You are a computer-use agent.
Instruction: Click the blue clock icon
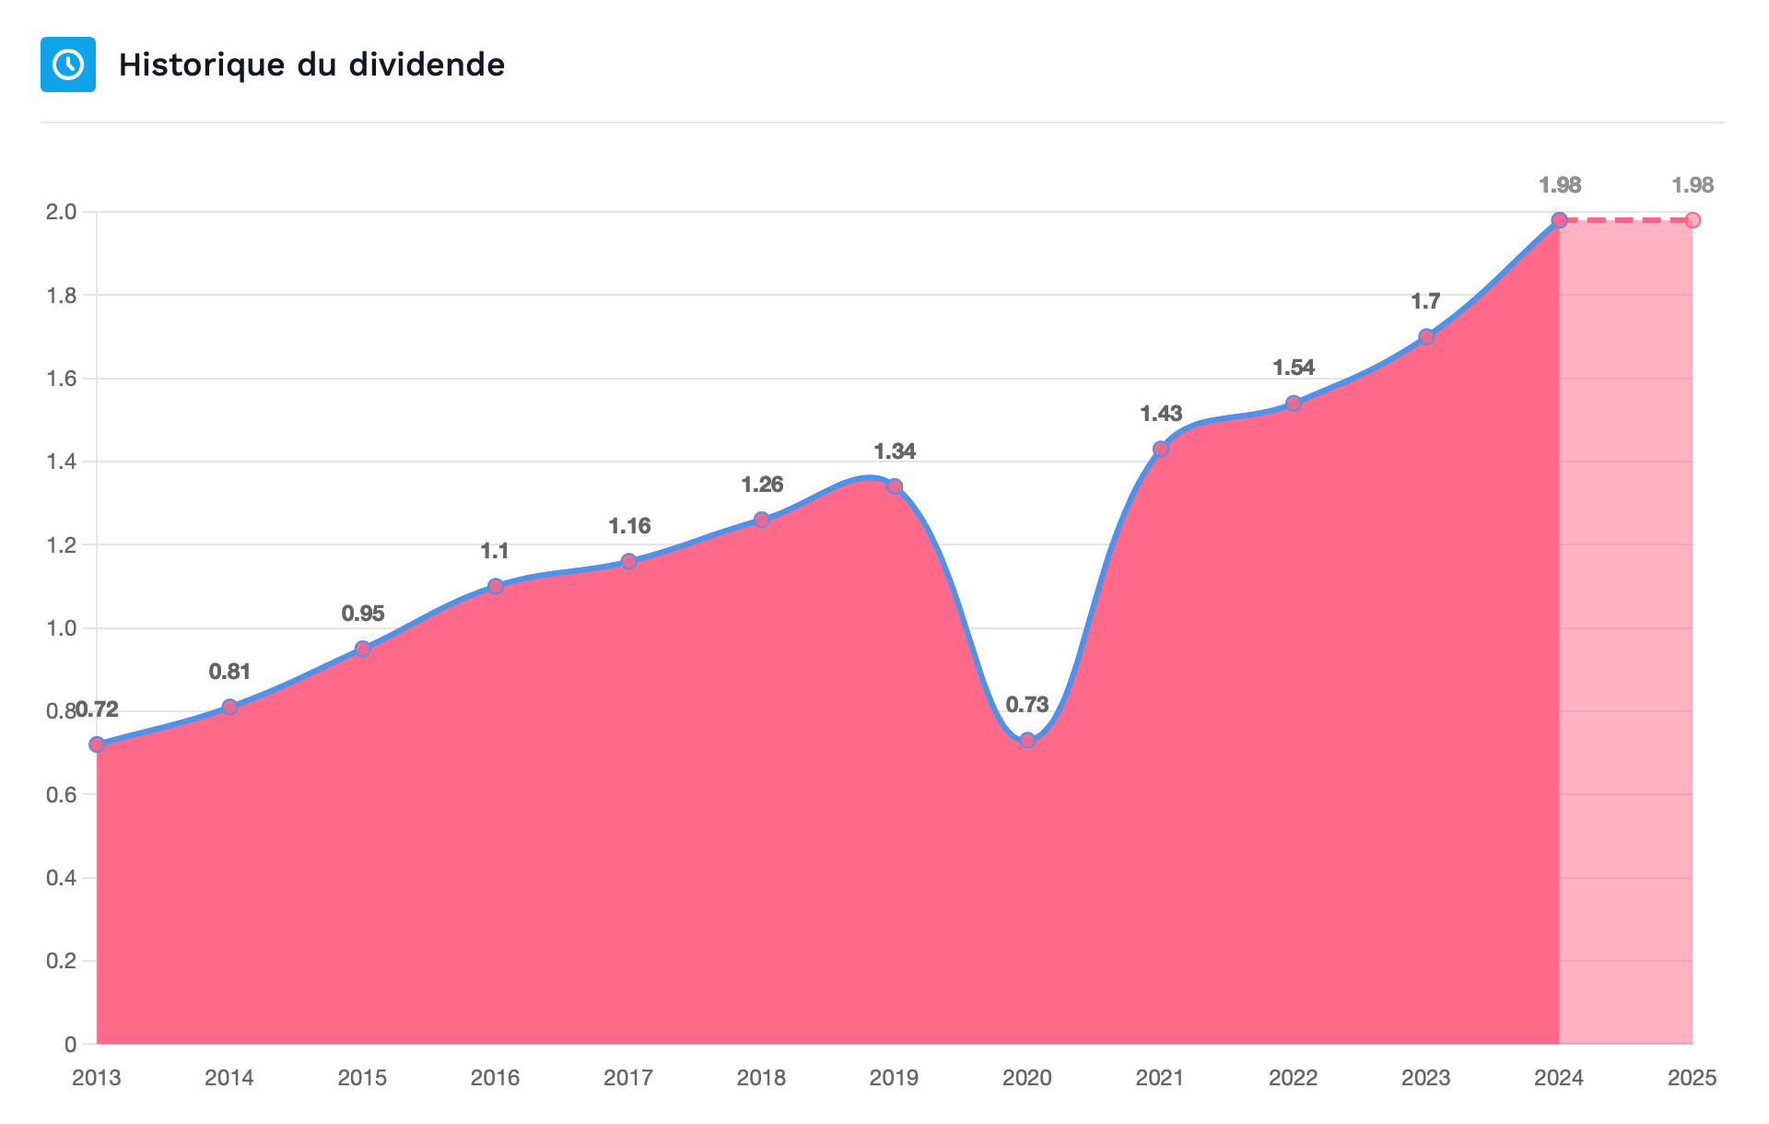68,64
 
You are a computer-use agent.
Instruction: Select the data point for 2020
1027,740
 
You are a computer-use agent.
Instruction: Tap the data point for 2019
895,486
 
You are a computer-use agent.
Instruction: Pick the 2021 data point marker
1161,449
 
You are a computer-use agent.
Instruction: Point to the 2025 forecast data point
1693,220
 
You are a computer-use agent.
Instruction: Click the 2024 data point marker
1560,220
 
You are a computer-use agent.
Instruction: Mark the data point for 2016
496,586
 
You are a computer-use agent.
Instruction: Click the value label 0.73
1027,705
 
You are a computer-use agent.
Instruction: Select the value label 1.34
895,451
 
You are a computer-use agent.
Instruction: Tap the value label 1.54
1294,368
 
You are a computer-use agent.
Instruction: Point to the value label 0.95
363,614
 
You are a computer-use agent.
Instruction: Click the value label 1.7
1426,301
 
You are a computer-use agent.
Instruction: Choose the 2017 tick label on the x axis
628,1078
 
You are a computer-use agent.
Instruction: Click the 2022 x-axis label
1294,1078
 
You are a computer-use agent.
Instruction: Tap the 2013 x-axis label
97,1078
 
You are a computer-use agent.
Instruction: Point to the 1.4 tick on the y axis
61,462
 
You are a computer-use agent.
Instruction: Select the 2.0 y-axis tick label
61,212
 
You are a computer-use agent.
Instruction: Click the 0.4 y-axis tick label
61,878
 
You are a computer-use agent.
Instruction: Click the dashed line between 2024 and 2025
1626,220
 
